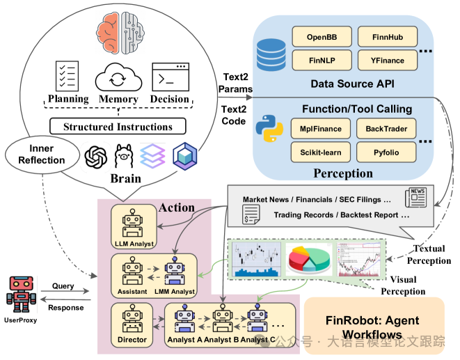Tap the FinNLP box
322,61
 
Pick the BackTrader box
386,128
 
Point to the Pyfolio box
386,151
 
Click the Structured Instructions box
118,127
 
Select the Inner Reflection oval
46,154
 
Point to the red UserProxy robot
19,292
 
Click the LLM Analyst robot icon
132,223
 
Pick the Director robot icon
132,321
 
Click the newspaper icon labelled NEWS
419,195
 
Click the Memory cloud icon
118,77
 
